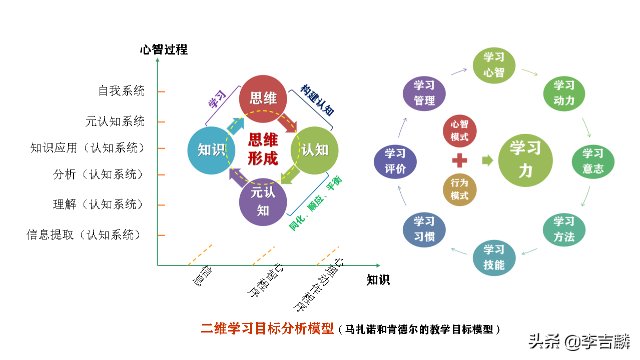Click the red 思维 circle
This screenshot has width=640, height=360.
tap(263, 98)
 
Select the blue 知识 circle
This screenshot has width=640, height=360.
tap(211, 150)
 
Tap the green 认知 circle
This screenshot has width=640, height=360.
tap(315, 150)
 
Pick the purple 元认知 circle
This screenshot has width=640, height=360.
tap(263, 201)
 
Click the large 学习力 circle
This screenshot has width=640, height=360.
tap(525, 160)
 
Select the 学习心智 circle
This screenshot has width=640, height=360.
tap(494, 64)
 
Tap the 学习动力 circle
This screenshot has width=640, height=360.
tap(564, 93)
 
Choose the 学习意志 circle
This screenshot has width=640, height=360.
tap(593, 161)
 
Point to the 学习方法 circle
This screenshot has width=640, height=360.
tap(564, 229)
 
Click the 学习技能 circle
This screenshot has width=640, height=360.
tap(494, 257)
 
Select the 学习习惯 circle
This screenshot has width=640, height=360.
tap(424, 229)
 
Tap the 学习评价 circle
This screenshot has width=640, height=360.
tap(395, 161)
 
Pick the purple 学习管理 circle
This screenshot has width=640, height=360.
tap(424, 93)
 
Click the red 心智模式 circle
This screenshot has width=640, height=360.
tap(459, 131)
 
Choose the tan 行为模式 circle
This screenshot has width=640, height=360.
tap(459, 189)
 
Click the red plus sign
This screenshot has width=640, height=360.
tap(459, 160)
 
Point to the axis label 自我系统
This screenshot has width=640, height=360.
tap(122, 91)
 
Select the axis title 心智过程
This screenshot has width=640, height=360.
tap(164, 49)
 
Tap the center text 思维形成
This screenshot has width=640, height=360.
tap(263, 149)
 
